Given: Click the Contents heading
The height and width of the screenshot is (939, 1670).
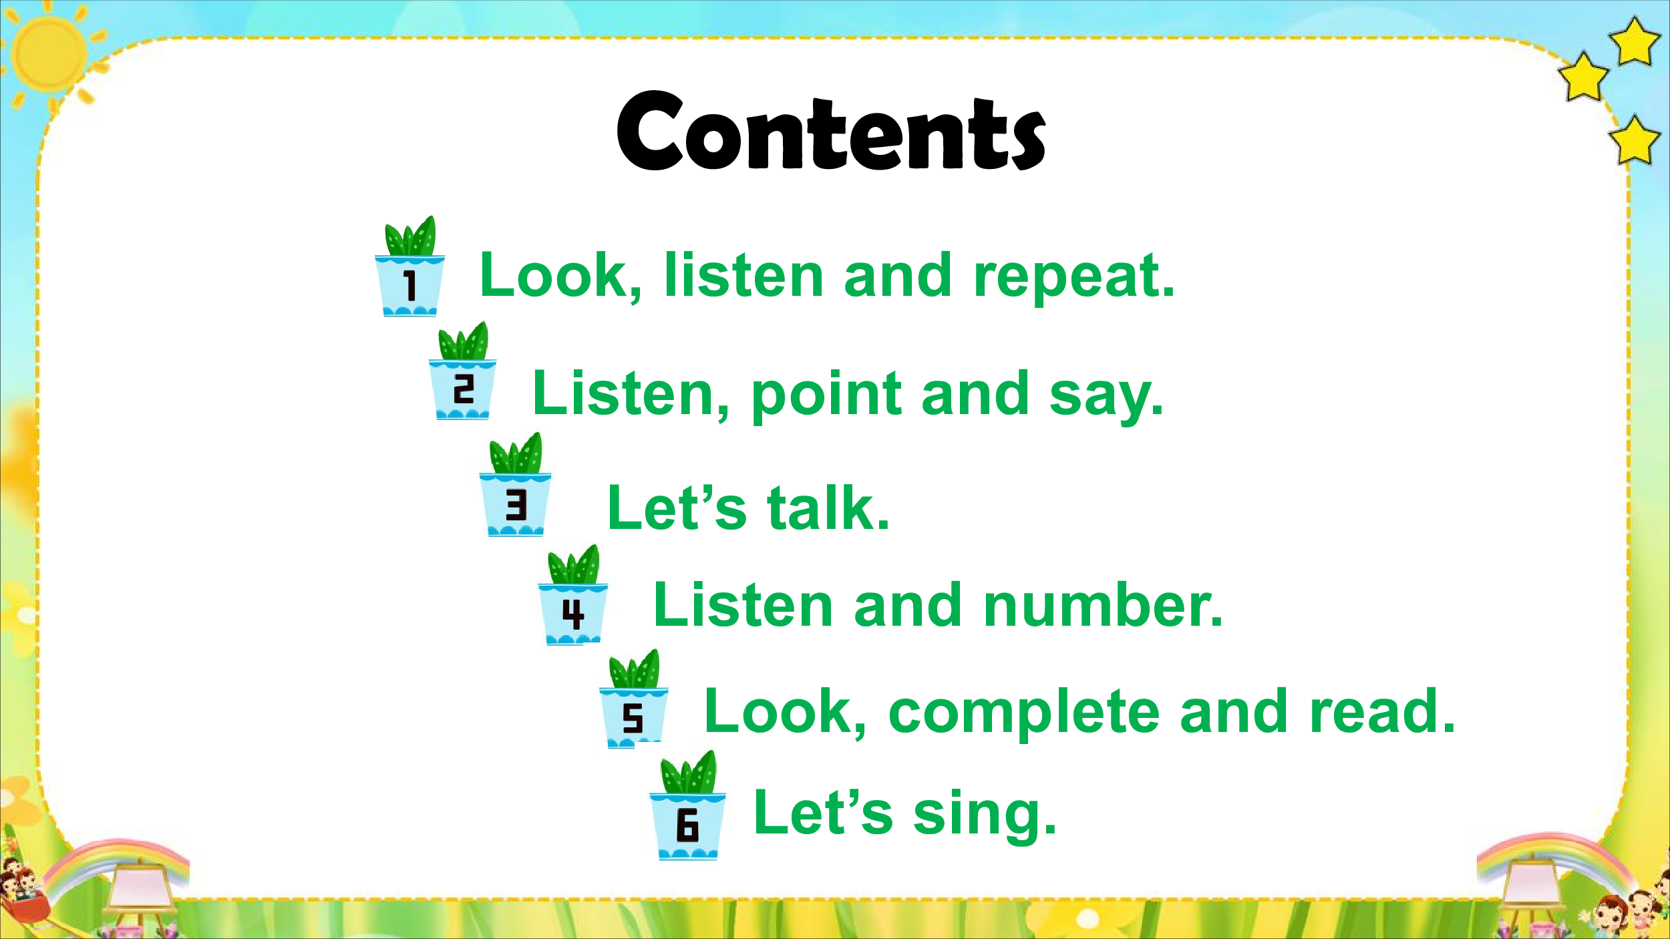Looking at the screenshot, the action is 831,131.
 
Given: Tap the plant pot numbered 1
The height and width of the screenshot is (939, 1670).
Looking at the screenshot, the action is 409,267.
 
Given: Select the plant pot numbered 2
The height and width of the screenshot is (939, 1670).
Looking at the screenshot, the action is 462,371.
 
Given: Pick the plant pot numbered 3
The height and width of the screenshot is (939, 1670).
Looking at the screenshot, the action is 515,485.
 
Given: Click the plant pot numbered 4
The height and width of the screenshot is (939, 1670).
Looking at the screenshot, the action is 573,595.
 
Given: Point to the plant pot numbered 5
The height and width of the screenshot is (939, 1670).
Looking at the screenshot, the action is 633,699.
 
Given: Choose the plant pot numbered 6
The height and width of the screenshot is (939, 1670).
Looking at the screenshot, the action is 687,805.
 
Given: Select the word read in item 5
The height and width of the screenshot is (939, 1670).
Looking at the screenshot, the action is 1383,711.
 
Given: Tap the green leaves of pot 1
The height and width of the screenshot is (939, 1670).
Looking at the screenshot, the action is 410,236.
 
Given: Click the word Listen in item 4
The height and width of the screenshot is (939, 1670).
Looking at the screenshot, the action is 743,605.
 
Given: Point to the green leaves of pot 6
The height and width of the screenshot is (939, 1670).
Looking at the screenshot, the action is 689,773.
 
